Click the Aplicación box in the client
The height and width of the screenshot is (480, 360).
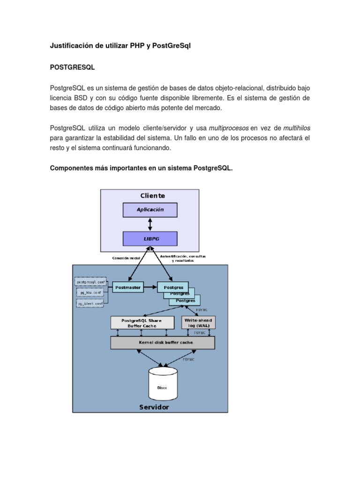pyautogui.click(x=150, y=210)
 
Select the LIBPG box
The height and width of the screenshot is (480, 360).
pyautogui.click(x=150, y=239)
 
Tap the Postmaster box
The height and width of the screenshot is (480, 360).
pyautogui.click(x=128, y=287)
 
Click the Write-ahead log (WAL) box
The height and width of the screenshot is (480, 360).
pyautogui.click(x=198, y=323)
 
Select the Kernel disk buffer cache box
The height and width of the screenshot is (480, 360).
pyautogui.click(x=162, y=343)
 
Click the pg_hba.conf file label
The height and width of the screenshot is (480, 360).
pyautogui.click(x=90, y=292)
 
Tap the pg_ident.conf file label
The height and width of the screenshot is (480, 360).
pyautogui.click(x=91, y=304)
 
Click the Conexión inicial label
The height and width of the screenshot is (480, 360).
pyautogui.click(x=126, y=258)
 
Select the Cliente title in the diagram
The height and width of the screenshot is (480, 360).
pyautogui.click(x=152, y=195)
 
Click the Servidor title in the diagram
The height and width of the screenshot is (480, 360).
pyautogui.click(x=154, y=407)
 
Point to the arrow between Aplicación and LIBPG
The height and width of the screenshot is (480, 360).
pyautogui.click(x=150, y=225)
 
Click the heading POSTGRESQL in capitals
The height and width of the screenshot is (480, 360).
pyautogui.click(x=73, y=67)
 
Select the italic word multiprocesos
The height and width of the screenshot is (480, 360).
pyautogui.click(x=229, y=128)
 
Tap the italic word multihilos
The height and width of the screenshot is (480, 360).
pyautogui.click(x=297, y=128)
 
